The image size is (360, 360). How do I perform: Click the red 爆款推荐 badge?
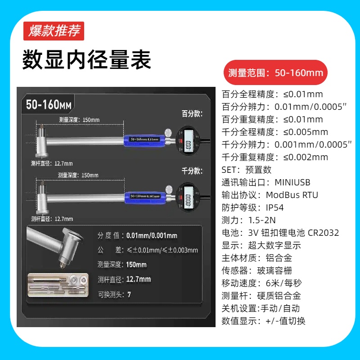coord(54,31)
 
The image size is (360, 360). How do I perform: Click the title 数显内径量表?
coord(87,59)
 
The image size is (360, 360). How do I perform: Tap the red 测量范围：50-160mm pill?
coord(275,72)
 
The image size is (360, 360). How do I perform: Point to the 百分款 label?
coord(192,113)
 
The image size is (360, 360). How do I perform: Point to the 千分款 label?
coord(192,171)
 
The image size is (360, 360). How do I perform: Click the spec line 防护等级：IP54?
coord(253,208)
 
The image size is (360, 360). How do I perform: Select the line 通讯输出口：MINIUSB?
coord(266,183)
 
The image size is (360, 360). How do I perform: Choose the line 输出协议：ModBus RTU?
coord(270,195)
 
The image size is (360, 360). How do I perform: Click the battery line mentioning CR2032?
coord(280,233)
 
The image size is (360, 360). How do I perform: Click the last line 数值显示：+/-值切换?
coord(264,321)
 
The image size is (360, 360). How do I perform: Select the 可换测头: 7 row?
coord(115,295)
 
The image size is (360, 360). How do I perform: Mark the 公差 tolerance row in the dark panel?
coord(148,250)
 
